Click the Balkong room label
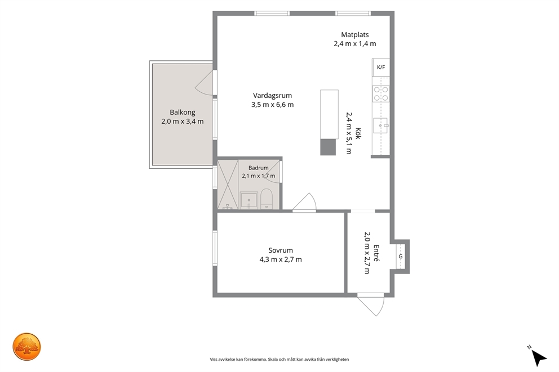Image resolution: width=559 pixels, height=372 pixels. (x=183, y=112)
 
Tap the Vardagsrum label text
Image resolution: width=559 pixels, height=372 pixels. (x=272, y=96)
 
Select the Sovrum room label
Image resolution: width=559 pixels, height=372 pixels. (x=281, y=250)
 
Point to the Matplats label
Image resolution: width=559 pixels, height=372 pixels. (x=354, y=34)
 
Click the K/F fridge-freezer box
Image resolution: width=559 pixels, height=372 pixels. (x=381, y=68)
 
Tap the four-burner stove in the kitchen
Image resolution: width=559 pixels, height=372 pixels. (x=381, y=93)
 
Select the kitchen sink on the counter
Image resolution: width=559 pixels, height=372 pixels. (x=380, y=126)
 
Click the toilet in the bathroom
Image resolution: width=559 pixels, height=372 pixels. (x=267, y=199)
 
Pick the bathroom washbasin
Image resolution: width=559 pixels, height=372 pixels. (x=249, y=200)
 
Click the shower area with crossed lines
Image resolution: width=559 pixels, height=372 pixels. (x=228, y=185)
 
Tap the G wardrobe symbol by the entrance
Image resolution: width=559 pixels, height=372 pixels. (x=401, y=256)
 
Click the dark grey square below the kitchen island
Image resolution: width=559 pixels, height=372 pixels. (x=328, y=147)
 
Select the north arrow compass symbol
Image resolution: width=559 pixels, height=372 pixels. (x=539, y=357)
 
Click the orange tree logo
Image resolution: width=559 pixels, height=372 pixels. (x=26, y=347)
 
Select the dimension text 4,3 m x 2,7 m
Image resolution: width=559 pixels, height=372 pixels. (x=281, y=259)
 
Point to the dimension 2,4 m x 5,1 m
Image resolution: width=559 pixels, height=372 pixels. (x=349, y=133)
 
